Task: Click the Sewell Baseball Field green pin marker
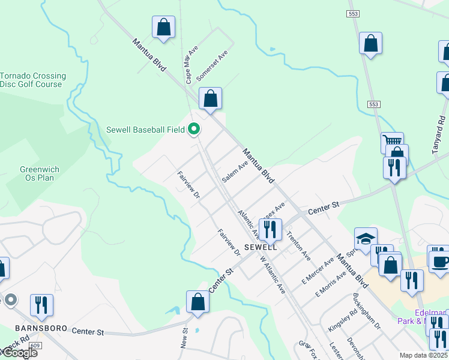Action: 194,129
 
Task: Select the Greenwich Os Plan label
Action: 37,173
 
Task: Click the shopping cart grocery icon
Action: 392,143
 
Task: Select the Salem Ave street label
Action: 235,172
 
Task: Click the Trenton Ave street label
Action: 298,245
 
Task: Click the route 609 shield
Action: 35,346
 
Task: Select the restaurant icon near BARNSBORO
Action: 41,304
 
